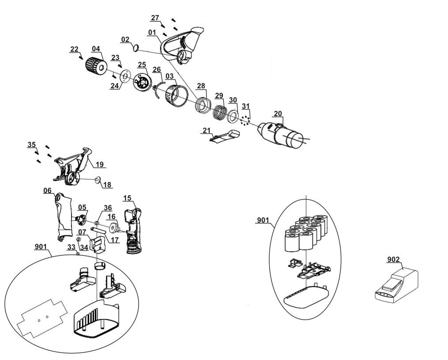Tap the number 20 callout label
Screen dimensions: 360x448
[278, 114]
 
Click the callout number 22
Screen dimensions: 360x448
[74, 49]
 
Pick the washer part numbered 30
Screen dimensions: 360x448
[232, 116]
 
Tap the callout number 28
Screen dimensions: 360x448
[201, 85]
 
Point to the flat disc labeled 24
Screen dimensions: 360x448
[124, 77]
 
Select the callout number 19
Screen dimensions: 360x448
[99, 164]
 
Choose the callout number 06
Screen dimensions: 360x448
[48, 190]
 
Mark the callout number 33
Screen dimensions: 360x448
[71, 248]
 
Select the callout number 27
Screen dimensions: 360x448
[155, 18]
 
